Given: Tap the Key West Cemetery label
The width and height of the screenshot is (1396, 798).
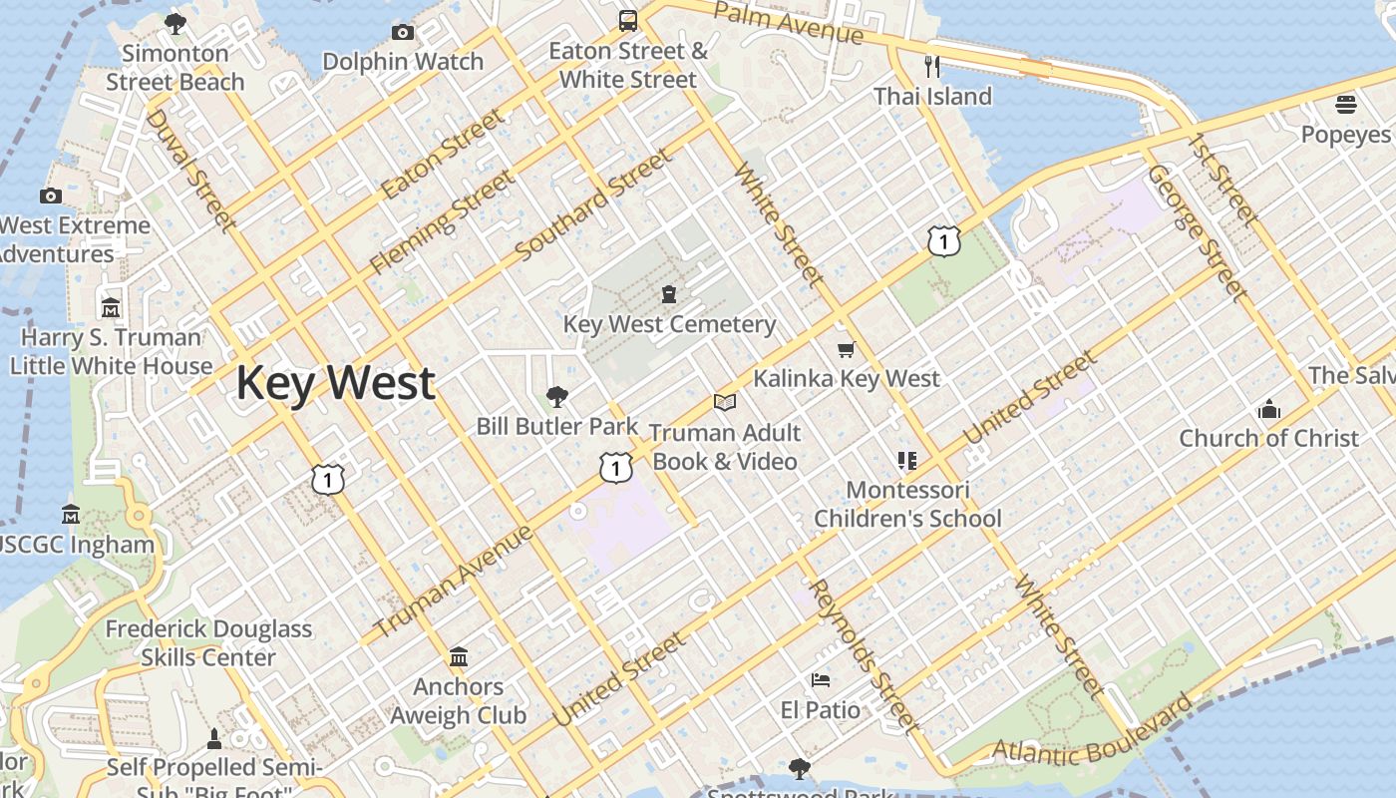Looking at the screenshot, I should pos(669,324).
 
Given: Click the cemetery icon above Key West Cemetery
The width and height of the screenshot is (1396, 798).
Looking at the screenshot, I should pos(668,294).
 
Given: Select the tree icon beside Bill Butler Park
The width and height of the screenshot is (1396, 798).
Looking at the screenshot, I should pos(557,397).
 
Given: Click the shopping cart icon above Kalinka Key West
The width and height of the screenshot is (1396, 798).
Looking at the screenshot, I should pos(847,349).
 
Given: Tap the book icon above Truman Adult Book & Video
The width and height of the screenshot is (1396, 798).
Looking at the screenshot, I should pos(725,403).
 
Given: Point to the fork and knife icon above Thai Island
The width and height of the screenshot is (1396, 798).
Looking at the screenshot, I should pos(932,67).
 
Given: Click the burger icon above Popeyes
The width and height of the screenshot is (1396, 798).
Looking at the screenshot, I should pos(1345,105).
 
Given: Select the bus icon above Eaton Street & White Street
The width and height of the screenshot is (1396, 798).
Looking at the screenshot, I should pos(628,21).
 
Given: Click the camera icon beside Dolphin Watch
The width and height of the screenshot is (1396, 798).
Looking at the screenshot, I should pos(403,32).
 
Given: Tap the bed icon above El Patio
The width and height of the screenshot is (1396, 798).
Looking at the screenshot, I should pos(821,680).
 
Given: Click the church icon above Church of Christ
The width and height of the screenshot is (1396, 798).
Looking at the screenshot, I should pos(1268,409).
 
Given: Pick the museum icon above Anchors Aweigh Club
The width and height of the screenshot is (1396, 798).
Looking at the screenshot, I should pos(459,657).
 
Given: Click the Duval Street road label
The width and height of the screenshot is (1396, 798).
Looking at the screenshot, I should pos(188,170).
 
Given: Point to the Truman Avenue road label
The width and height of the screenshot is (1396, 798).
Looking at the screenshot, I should pos(454,584).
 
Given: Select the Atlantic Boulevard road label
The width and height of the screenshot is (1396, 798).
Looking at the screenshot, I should pos(1092,732).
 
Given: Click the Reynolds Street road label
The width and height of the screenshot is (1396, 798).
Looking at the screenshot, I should pos(863,653).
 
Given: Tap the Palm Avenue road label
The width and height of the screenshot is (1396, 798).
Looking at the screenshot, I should pos(789,22).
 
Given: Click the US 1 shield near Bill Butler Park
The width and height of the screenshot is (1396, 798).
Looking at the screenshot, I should pos(616,467).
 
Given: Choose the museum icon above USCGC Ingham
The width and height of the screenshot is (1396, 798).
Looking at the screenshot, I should pos(71,516).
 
